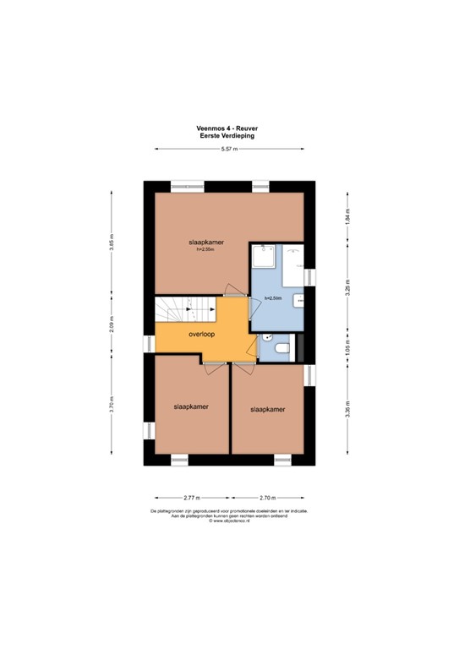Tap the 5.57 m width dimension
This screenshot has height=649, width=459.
228,150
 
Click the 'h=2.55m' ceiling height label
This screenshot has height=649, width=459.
205,249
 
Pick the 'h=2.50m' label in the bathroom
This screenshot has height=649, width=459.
272,299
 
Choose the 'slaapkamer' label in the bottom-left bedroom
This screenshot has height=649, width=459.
191,406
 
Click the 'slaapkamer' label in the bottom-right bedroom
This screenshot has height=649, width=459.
267,409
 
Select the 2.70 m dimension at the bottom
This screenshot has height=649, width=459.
268,499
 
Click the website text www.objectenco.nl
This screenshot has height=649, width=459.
228,521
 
